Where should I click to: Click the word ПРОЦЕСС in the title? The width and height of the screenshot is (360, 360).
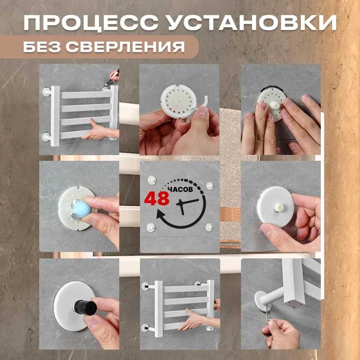(x=91, y=23)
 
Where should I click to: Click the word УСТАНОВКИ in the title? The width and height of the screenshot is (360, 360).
(x=252, y=23)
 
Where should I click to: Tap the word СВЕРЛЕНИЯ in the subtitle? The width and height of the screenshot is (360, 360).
(x=125, y=47)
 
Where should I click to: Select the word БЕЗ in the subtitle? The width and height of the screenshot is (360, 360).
(x=42, y=47)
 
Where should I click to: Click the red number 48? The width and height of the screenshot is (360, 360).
(x=157, y=198)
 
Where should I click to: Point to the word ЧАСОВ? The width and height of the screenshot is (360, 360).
(x=180, y=190)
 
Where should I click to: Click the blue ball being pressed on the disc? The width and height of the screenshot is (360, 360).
(x=82, y=209)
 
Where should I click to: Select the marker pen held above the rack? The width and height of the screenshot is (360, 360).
(x=111, y=78)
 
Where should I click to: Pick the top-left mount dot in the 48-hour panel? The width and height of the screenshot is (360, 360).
(x=152, y=180)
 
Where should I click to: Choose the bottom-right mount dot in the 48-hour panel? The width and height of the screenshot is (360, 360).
(x=209, y=227)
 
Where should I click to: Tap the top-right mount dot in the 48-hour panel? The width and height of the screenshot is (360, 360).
(x=210, y=186)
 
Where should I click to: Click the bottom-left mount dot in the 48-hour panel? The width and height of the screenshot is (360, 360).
(x=151, y=227)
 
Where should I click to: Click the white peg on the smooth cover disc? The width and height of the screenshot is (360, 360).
(x=278, y=207)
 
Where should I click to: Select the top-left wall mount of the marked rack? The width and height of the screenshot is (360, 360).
(x=47, y=92)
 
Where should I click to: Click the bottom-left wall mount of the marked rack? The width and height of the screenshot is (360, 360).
(x=46, y=137)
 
